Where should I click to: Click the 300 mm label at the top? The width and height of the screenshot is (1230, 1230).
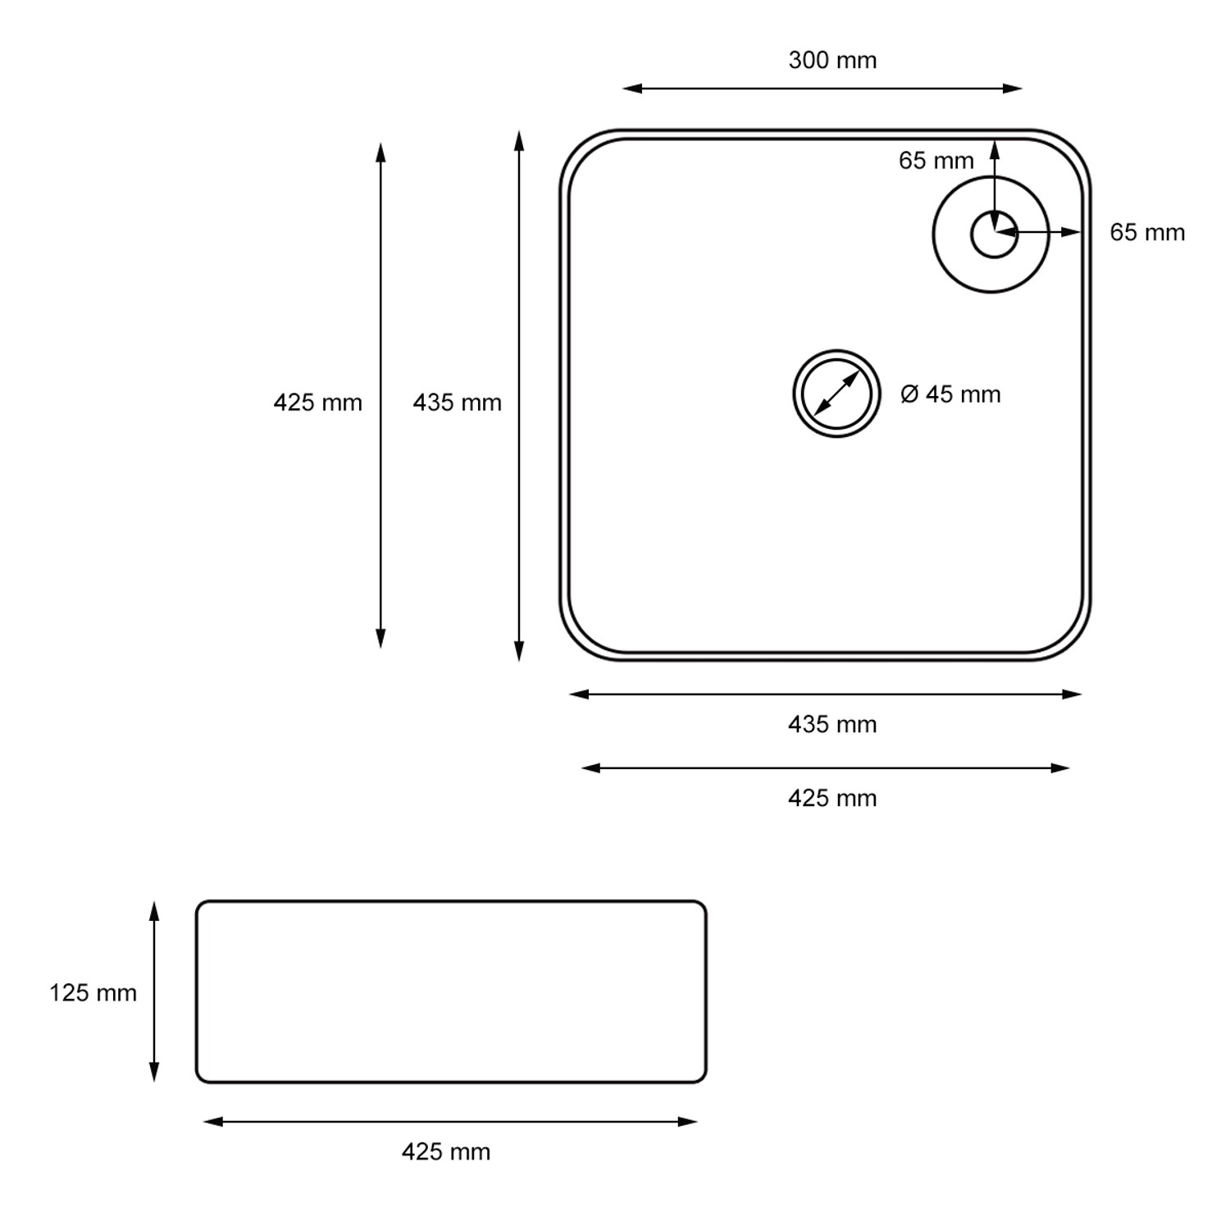click(832, 61)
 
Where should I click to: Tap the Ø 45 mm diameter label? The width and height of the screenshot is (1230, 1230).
click(950, 394)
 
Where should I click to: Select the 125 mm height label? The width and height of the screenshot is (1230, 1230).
click(93, 993)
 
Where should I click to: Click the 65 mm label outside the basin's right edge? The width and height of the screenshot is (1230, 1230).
click(1147, 233)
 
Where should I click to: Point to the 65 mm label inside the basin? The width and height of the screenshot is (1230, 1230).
click(936, 161)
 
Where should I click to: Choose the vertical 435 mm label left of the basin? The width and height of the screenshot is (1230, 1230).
click(457, 403)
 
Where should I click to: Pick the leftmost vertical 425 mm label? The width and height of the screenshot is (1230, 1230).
click(317, 403)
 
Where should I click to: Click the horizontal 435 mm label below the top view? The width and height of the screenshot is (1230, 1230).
click(832, 725)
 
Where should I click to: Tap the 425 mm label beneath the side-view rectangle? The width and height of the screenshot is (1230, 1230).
click(445, 1152)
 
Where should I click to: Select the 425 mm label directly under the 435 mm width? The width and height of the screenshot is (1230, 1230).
click(832, 799)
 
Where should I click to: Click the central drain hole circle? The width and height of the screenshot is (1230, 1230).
click(836, 394)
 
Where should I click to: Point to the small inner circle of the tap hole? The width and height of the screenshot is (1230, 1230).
click(994, 235)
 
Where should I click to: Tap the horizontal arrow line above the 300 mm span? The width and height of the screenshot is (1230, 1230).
click(822, 89)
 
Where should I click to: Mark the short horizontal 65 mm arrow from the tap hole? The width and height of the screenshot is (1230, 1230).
click(1038, 233)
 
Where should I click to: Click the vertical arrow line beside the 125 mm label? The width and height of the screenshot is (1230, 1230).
click(153, 991)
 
